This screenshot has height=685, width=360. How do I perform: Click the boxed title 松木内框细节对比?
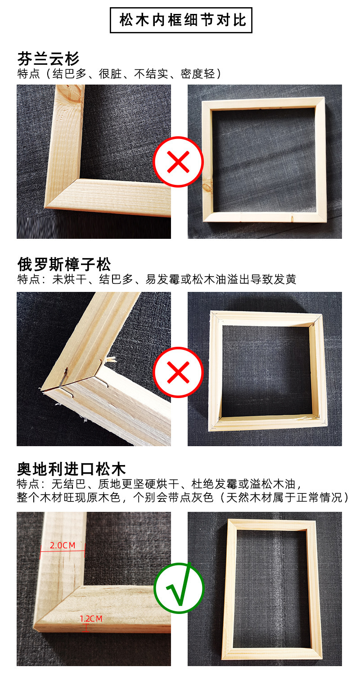pos(181,20)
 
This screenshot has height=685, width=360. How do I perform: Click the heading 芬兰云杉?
pos(48,58)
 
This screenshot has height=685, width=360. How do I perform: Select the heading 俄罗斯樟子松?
pos(64,264)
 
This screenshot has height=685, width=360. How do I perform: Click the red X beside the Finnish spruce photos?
pos(178,162)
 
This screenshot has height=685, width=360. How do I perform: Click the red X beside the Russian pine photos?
pos(178,372)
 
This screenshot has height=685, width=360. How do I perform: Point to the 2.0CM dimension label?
pos(62,545)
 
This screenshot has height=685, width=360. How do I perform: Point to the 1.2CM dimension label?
pos(91,619)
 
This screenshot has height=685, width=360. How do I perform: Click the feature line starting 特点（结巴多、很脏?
pos(119,74)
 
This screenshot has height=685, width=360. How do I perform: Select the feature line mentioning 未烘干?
pos(156,279)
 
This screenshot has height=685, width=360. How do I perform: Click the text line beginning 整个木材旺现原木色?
pos(183,497)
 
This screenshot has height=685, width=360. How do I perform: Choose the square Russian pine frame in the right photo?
pos(265,371)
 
